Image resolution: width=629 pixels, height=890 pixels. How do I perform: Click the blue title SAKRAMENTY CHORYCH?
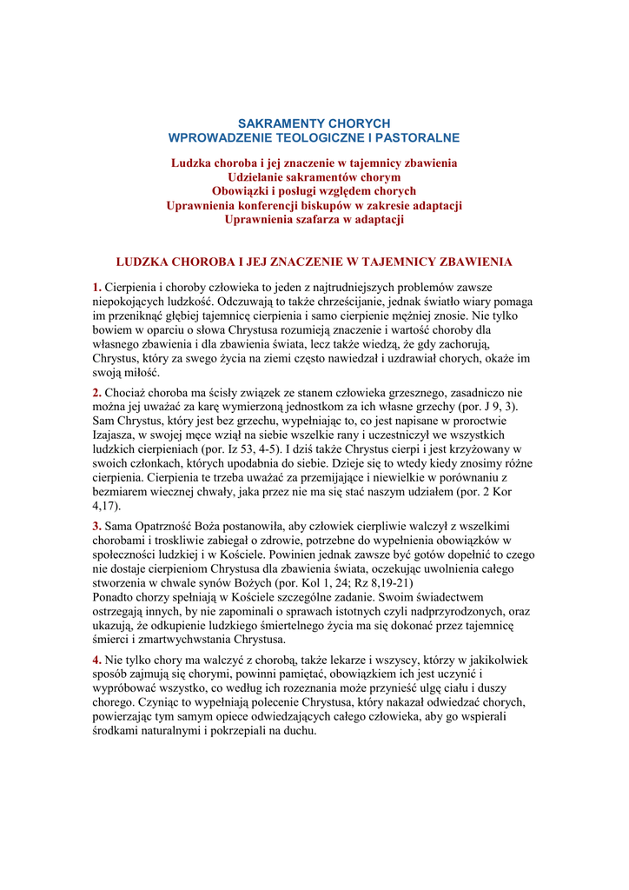pos(314,124)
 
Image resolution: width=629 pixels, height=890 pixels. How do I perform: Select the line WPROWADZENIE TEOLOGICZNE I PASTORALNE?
pos(314,138)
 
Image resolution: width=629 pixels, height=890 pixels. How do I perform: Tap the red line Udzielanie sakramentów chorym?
pos(314,176)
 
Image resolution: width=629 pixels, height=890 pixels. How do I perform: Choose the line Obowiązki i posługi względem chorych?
pos(314,190)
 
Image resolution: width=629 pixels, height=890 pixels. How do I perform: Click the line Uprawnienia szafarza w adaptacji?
pos(314,219)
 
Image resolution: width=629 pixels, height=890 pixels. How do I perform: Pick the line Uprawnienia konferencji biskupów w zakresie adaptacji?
pos(314,205)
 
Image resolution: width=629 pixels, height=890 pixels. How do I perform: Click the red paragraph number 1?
pos(97,288)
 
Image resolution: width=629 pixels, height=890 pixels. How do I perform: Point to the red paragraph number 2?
pos(97,394)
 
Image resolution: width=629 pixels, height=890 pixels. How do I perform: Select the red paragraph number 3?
pos(97,527)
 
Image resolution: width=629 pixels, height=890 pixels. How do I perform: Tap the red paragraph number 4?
pos(97,661)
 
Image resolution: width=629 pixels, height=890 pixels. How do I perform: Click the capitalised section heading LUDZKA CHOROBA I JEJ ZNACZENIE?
pos(314,262)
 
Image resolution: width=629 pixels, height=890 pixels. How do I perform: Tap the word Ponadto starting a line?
pos(114,597)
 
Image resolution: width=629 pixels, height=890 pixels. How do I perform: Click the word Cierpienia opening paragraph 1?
pos(132,288)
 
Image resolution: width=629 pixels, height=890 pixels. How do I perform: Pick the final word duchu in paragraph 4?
pos(296,731)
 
